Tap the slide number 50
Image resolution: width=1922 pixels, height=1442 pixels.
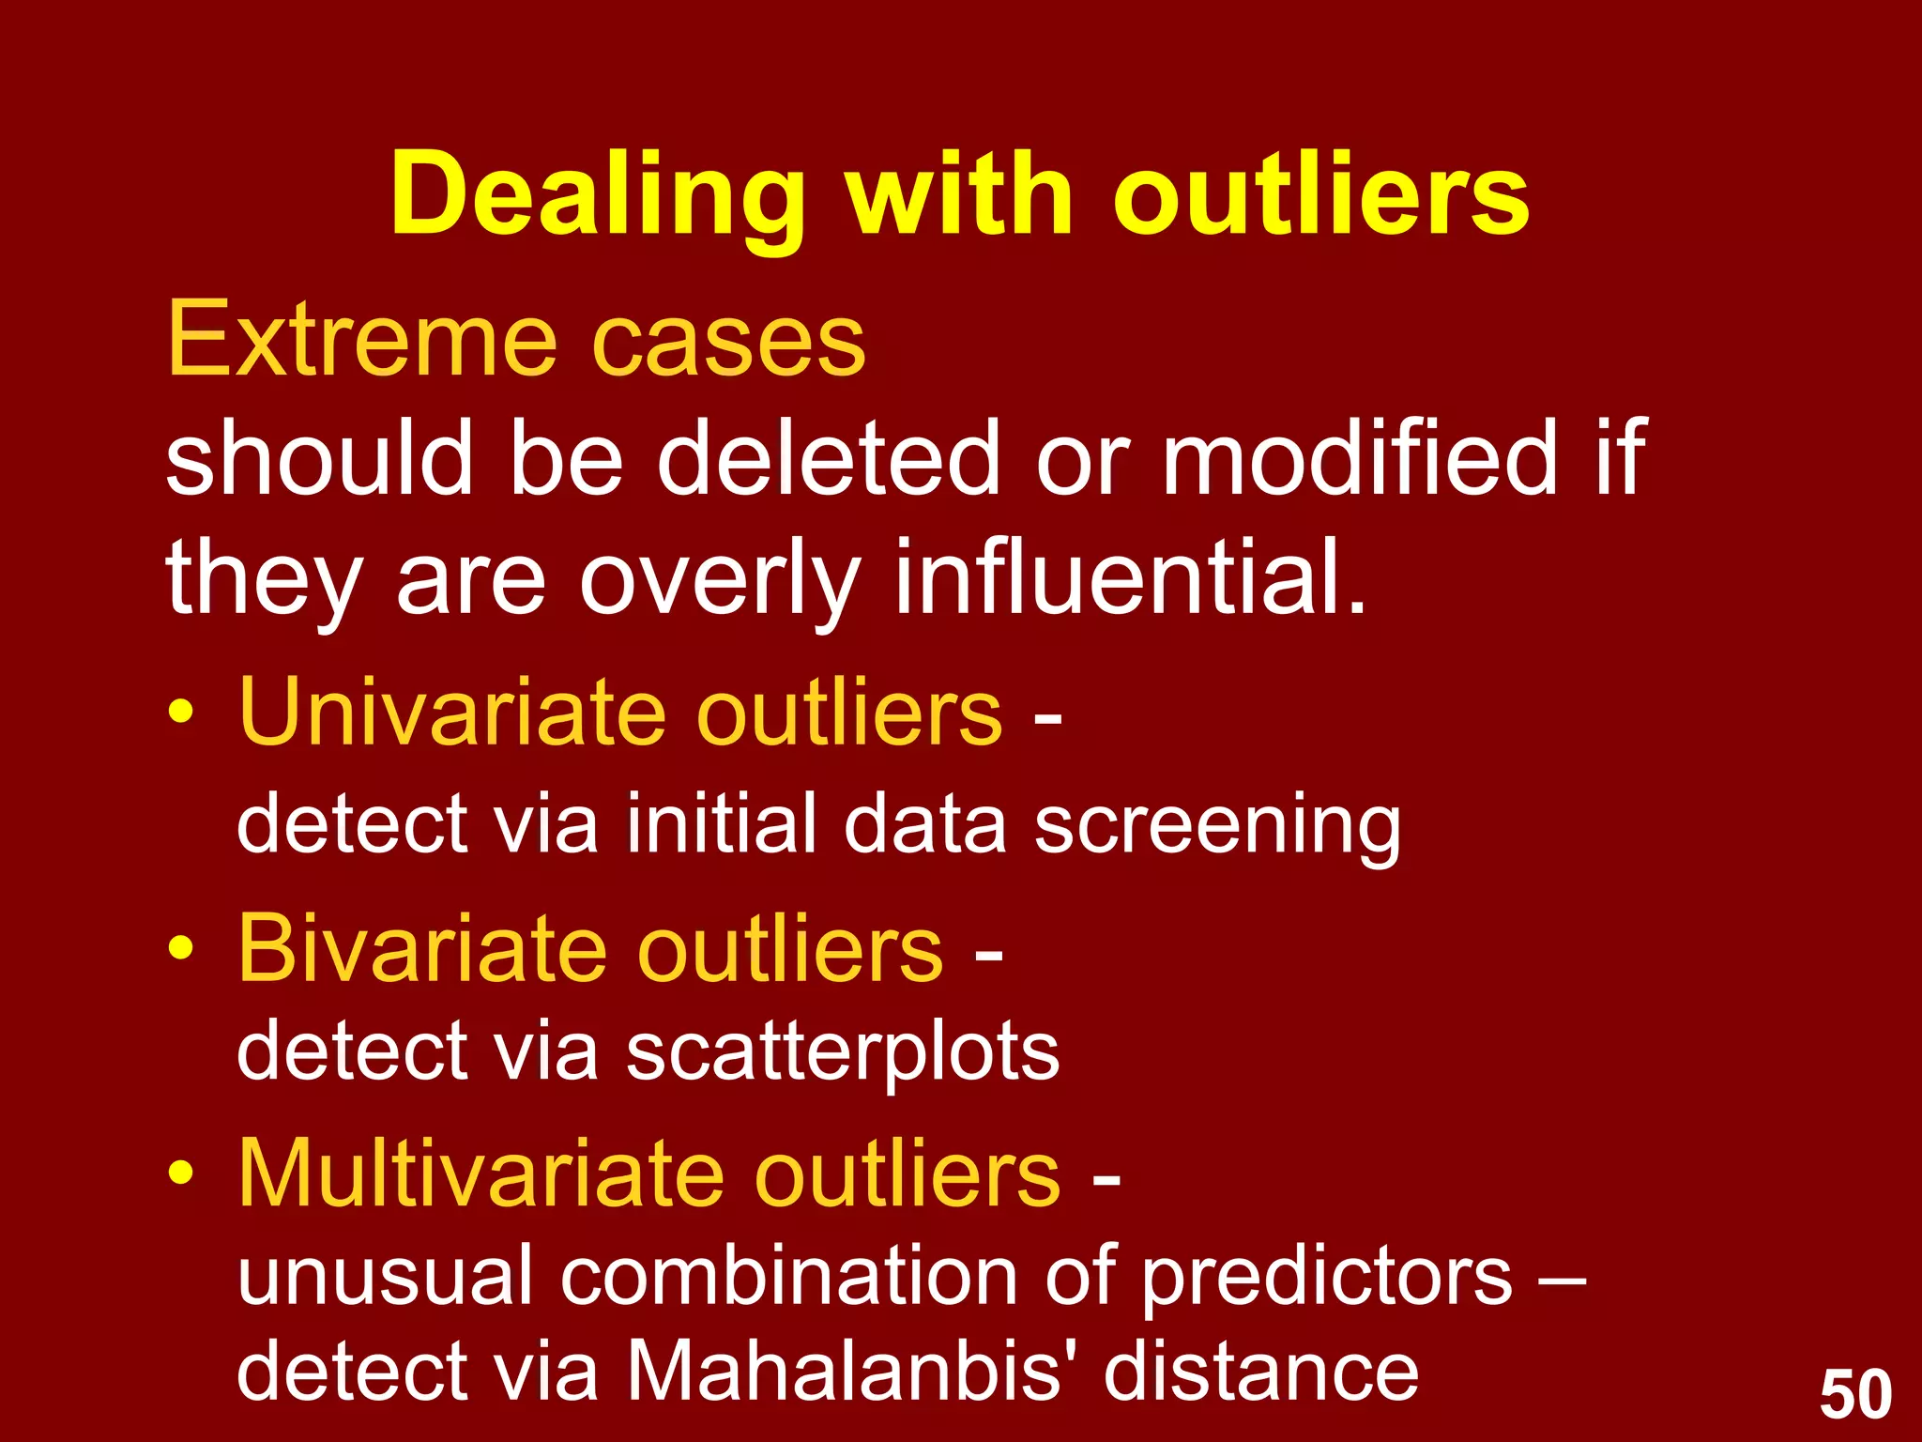(1855, 1395)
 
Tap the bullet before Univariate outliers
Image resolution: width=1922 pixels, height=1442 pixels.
(181, 713)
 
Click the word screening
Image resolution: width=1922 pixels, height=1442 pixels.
(1217, 824)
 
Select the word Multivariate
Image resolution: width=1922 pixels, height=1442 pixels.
(481, 1174)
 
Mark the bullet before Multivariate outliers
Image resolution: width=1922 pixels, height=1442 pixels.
(181, 1174)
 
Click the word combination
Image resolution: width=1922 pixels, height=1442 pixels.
(788, 1277)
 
